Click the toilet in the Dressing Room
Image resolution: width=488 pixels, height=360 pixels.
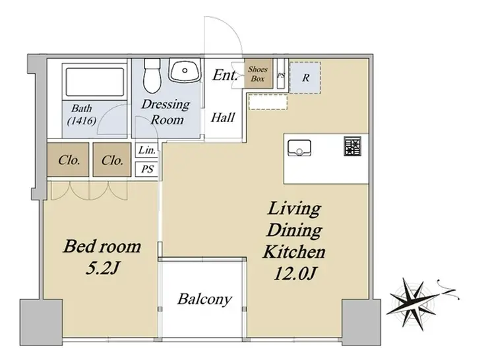pyautogui.click(x=152, y=75)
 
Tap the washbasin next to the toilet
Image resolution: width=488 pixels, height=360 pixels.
pyautogui.click(x=185, y=71)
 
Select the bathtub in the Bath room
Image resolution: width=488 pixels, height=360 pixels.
pyautogui.click(x=95, y=82)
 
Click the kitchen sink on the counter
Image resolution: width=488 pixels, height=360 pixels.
pyautogui.click(x=299, y=148)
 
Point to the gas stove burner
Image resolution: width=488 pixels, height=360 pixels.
pyautogui.click(x=353, y=146)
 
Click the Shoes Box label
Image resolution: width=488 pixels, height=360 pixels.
pyautogui.click(x=258, y=74)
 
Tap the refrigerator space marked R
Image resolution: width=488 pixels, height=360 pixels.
pyautogui.click(x=305, y=78)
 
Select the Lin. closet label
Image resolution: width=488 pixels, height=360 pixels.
pyautogui.click(x=147, y=150)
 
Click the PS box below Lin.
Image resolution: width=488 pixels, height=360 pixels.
pyautogui.click(x=147, y=169)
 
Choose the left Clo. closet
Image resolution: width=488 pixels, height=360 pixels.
pyautogui.click(x=68, y=160)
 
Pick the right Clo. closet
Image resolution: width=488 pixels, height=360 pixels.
pyautogui.click(x=111, y=160)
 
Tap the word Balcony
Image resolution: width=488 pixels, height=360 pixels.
pyautogui.click(x=205, y=299)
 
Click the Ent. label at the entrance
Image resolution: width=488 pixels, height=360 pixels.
pyautogui.click(x=225, y=75)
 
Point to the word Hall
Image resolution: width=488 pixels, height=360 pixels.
pyautogui.click(x=223, y=117)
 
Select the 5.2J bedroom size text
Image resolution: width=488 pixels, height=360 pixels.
pyautogui.click(x=102, y=268)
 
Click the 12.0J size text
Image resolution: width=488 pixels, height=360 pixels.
pyautogui.click(x=295, y=274)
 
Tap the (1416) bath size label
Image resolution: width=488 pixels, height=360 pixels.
pyautogui.click(x=82, y=121)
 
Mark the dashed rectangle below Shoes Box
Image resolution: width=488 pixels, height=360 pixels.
pyautogui.click(x=268, y=102)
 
